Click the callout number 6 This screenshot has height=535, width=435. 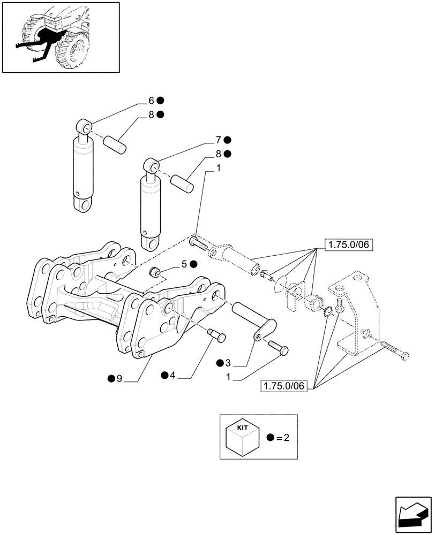coord(151,100)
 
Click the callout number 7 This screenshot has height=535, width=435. coord(219,140)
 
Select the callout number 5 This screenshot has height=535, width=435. coord(184,264)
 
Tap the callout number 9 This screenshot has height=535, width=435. coord(119,379)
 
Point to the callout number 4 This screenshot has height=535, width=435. coord(172,376)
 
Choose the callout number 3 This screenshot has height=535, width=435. coord(228,364)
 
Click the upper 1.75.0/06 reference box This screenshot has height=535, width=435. coord(349,246)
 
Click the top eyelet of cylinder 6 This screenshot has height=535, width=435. coord(84,127)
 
